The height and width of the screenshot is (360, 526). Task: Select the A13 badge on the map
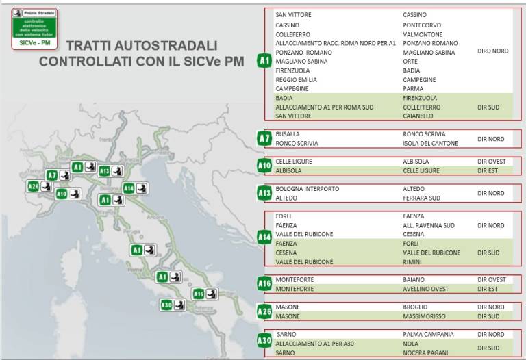pyautogui.click(x=105, y=170)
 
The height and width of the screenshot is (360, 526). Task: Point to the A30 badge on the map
pyautogui.click(x=166, y=305)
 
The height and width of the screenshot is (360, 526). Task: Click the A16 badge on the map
pyautogui.click(x=199, y=294)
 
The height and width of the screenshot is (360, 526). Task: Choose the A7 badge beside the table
pyautogui.click(x=264, y=139)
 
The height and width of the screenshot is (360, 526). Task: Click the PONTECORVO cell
pyautogui.click(x=422, y=25)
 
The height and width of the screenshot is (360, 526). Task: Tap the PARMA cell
pyautogui.click(x=413, y=89)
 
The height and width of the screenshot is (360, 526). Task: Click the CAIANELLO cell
pyautogui.click(x=418, y=116)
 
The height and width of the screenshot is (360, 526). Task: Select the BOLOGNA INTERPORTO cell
pyautogui.click(x=308, y=189)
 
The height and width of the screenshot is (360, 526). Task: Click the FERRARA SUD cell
pyautogui.click(x=421, y=198)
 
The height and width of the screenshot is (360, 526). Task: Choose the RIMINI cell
pyautogui.click(x=413, y=262)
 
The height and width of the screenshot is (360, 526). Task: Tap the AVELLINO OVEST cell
pyautogui.click(x=426, y=289)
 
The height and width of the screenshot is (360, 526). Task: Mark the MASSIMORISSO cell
pyautogui.click(x=424, y=316)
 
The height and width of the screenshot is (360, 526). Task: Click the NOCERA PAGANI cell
pyautogui.click(x=426, y=352)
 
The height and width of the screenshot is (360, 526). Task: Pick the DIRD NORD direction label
pyautogui.click(x=492, y=51)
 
